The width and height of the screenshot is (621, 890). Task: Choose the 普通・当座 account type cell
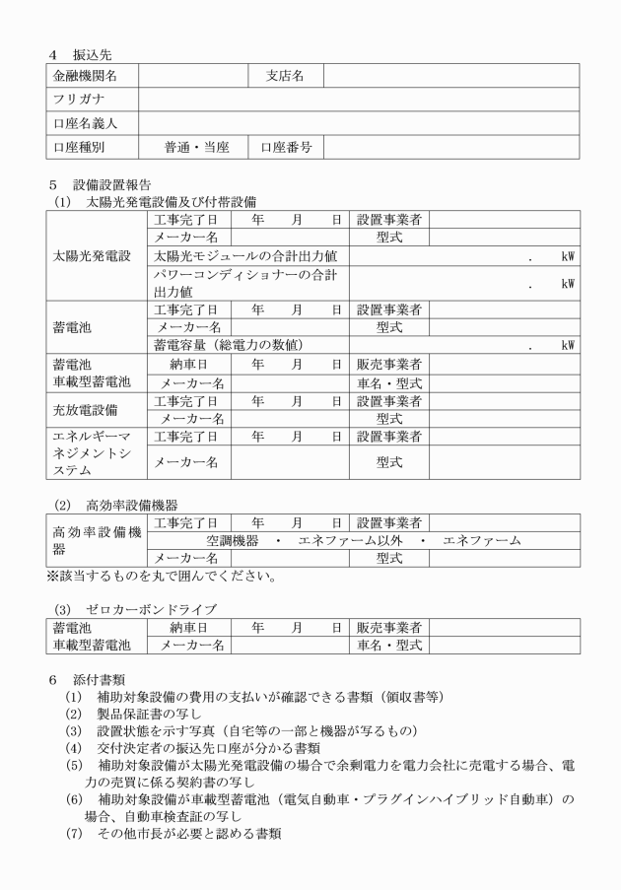coord(197,148)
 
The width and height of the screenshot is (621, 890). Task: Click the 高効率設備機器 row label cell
coord(96,539)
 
